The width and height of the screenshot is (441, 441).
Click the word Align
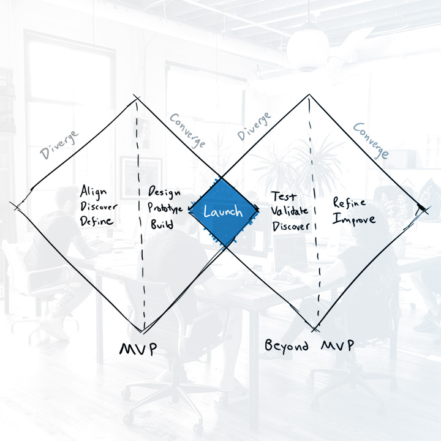(93, 191)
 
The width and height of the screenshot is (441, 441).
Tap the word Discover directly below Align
(99, 206)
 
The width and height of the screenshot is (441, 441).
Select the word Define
(97, 221)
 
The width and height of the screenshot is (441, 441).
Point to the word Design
(165, 192)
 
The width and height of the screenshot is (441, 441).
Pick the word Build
(162, 224)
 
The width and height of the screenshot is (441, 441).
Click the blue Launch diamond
(223, 212)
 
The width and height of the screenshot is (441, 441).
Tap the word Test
(284, 197)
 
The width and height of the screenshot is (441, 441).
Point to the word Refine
(349, 203)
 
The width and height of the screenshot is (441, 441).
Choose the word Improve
(354, 219)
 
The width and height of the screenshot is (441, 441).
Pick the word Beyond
(287, 346)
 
